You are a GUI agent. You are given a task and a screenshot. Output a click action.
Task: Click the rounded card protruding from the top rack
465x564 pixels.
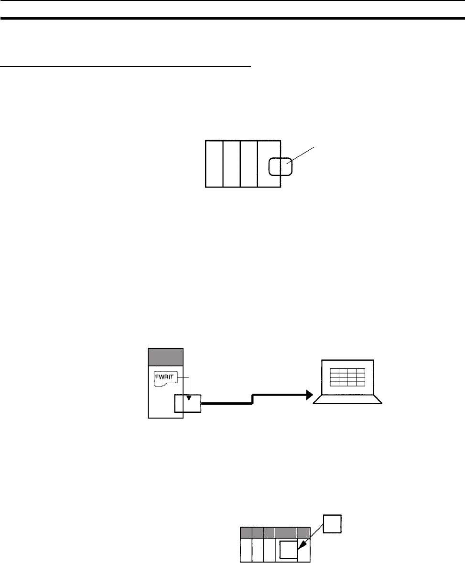280,167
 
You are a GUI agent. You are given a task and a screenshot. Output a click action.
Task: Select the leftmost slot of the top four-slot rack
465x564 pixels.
214,164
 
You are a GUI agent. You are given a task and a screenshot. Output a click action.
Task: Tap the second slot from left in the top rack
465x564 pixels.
232,164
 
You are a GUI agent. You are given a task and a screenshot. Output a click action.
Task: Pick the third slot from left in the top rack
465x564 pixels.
249,164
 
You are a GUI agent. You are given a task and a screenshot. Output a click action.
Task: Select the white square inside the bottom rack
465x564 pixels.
289,550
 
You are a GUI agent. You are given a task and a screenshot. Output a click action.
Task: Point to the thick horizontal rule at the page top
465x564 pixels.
232,19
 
